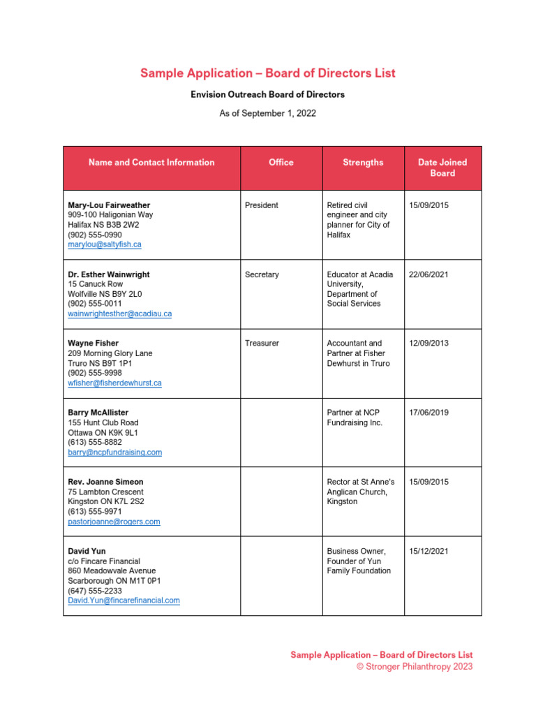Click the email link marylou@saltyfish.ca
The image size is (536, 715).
(105, 245)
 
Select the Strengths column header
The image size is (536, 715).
(362, 163)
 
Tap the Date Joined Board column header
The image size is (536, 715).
(442, 168)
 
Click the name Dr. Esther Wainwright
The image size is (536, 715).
(108, 274)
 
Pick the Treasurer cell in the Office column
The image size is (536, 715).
(262, 344)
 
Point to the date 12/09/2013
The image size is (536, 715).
(429, 344)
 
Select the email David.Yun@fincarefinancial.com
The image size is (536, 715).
(124, 600)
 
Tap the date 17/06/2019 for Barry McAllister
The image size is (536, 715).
(429, 413)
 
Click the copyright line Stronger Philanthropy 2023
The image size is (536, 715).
(415, 667)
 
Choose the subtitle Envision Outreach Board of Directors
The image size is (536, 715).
(267, 94)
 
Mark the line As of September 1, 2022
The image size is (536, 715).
(267, 113)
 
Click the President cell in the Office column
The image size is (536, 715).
(262, 205)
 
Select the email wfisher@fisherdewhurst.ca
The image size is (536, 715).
(114, 383)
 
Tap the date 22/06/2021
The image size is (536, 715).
(429, 274)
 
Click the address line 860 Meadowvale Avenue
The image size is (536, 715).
(112, 571)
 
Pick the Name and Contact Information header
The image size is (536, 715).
(151, 163)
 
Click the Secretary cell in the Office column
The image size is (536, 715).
(262, 274)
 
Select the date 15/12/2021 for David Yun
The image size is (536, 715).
(429, 551)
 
